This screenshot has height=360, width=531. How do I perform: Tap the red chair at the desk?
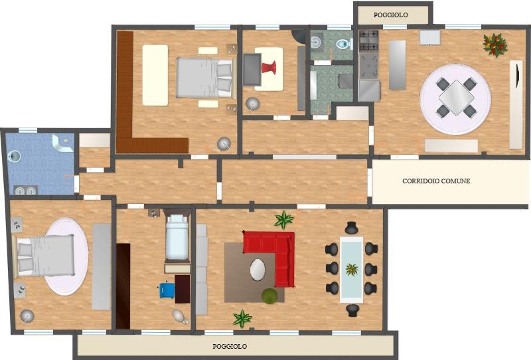tap(269, 67)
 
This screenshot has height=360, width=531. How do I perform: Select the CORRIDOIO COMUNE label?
tap(436, 181)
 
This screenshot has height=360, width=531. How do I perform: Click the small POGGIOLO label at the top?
tap(390, 15)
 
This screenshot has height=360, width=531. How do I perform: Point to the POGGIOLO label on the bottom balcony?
tap(230, 347)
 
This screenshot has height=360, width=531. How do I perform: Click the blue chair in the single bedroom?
tap(167, 290)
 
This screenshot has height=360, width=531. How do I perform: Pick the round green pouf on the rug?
tap(269, 296)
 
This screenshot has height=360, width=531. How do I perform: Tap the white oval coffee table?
tap(258, 270)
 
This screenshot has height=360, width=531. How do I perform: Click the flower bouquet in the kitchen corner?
tap(495, 45)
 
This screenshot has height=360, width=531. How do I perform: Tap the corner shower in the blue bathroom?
tap(62, 142)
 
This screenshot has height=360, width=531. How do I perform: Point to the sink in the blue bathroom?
tap(15, 156)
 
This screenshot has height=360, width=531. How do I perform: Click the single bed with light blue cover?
tap(177, 238)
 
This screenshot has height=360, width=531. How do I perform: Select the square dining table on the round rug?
tap(456, 97)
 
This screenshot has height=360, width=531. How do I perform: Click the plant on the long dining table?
tap(352, 270)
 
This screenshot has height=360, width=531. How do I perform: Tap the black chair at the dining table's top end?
tap(352, 228)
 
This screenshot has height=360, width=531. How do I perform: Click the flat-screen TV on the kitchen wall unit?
tap(517, 74)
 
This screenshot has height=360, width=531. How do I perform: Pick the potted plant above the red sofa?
tap(283, 220)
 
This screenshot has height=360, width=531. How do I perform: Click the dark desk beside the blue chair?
tap(183, 289)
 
